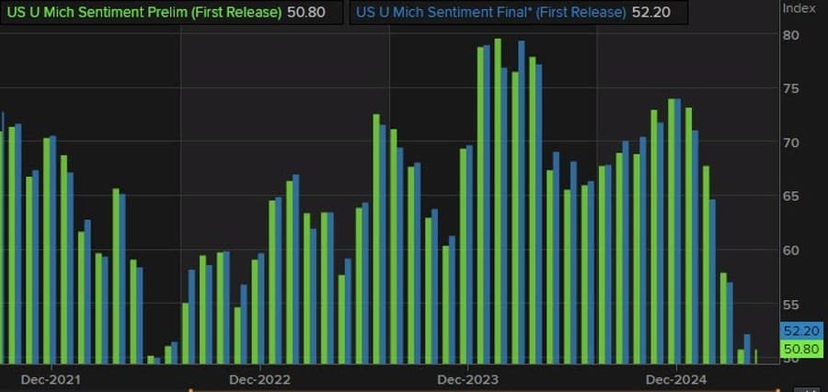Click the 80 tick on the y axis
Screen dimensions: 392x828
(790, 35)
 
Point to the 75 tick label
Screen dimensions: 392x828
(790, 88)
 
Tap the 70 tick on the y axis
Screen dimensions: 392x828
(790, 143)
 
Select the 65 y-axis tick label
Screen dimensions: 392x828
(790, 196)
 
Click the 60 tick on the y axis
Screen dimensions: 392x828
(790, 249)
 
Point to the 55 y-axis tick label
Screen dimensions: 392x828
(790, 304)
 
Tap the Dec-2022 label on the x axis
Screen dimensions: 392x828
(259, 379)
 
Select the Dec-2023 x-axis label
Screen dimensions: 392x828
(467, 379)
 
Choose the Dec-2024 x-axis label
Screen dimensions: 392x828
(675, 379)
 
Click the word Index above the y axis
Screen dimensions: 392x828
(798, 7)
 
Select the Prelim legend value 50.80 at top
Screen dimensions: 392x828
(306, 13)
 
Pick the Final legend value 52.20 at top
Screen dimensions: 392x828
(649, 13)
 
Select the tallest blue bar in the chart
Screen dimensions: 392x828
(521, 202)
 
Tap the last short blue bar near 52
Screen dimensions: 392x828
(747, 349)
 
